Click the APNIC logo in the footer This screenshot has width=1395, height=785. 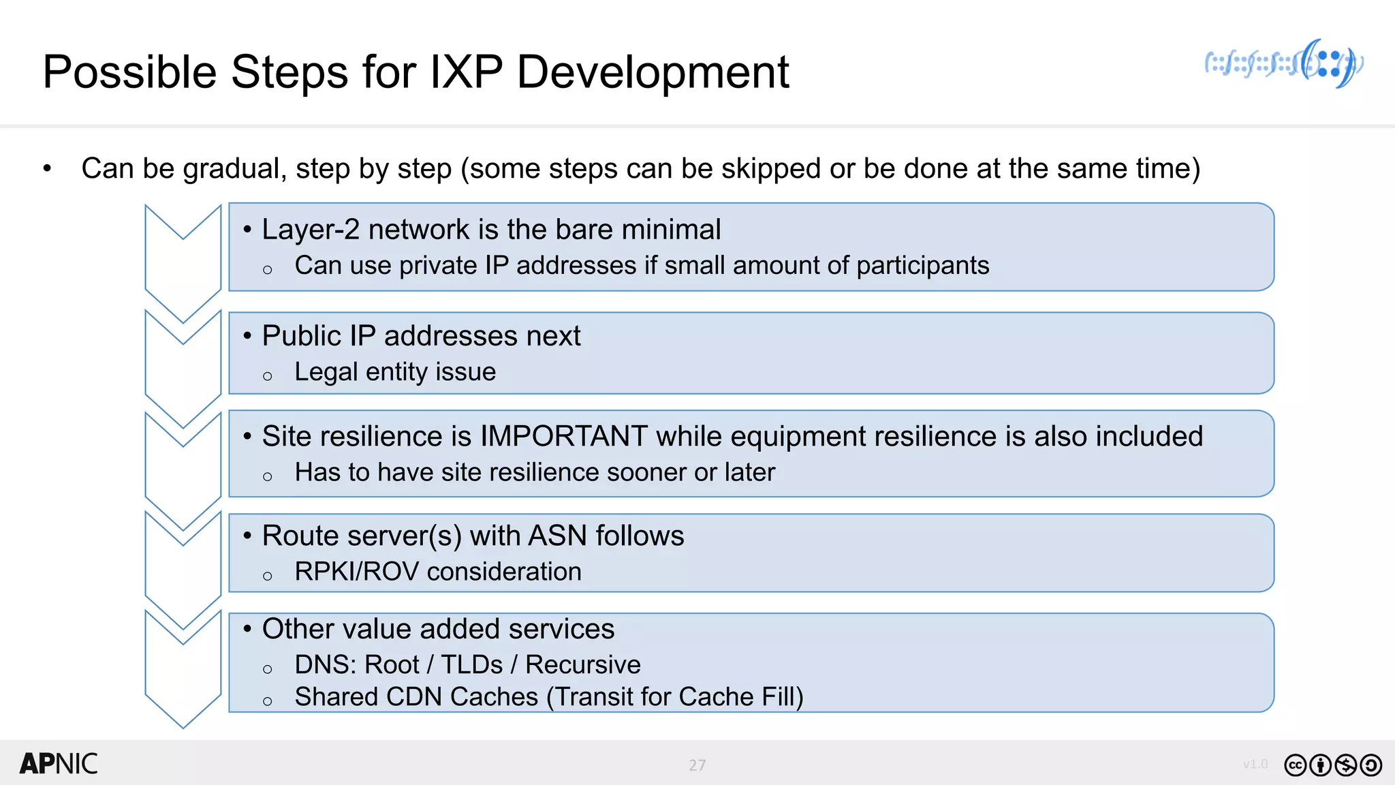(x=59, y=764)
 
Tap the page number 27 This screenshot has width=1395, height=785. (x=697, y=765)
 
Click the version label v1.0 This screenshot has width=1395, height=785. (x=1255, y=764)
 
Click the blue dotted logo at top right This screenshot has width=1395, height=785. (x=1284, y=64)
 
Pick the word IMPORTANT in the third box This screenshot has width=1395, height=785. (x=563, y=436)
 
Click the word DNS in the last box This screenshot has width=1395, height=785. (x=324, y=664)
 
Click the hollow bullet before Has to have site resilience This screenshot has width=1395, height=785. (x=268, y=477)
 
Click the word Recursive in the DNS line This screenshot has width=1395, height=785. (x=583, y=664)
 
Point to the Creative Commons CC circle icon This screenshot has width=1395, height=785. (x=1296, y=765)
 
